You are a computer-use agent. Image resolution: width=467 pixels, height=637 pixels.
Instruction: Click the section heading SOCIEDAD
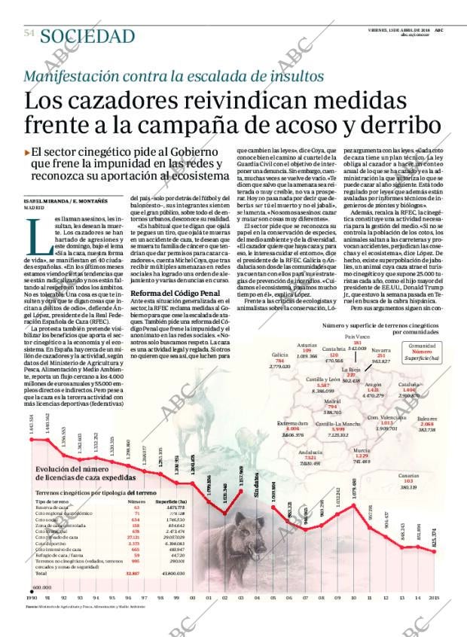pos(87,36)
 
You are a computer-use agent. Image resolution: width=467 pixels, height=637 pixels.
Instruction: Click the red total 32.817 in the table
pos(133,574)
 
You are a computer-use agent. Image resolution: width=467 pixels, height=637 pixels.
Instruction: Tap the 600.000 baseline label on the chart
pos(40,586)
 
